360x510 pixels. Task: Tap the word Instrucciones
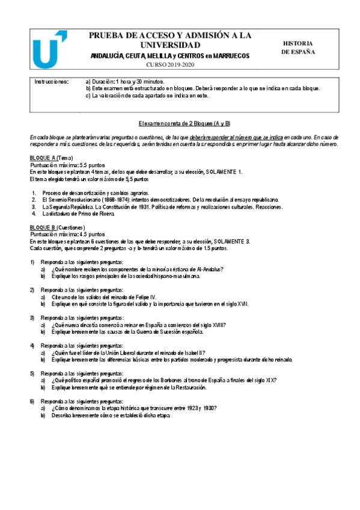coord(52,81)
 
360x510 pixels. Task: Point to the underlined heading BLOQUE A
coord(42,157)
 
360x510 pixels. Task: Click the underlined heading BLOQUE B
coord(42,227)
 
